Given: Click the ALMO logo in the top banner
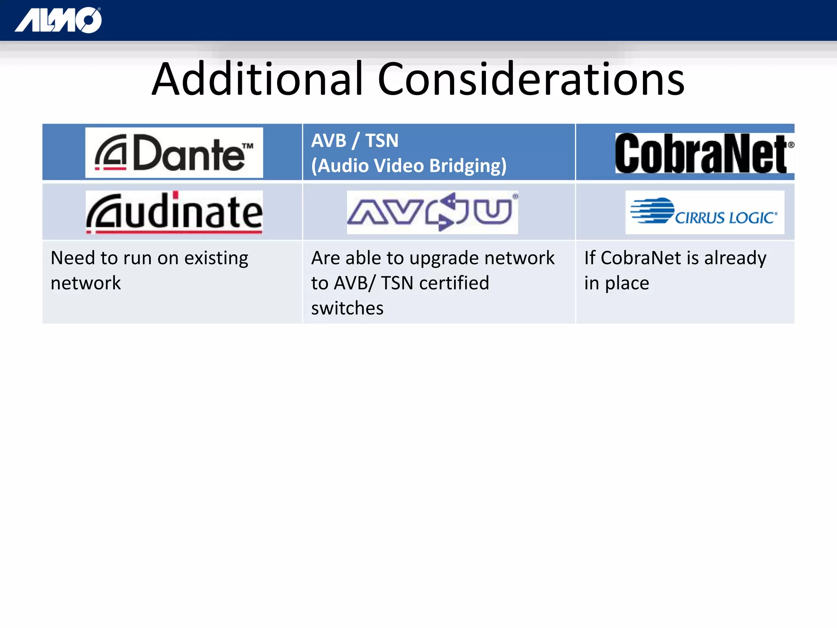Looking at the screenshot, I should [x=58, y=20].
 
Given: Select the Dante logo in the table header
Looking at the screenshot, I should [x=174, y=153].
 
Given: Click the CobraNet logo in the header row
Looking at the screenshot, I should [x=704, y=153].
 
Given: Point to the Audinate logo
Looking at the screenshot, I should [x=174, y=212].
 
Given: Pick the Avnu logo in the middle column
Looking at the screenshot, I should [x=432, y=212].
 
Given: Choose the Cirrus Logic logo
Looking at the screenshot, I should [x=705, y=212].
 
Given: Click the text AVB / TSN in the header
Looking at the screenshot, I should [x=355, y=141].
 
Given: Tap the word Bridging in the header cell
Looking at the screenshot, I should [x=468, y=166].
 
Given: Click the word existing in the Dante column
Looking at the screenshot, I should [x=216, y=258].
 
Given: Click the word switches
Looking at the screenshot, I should [x=347, y=308].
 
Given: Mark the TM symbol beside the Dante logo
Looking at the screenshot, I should [x=248, y=146].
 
